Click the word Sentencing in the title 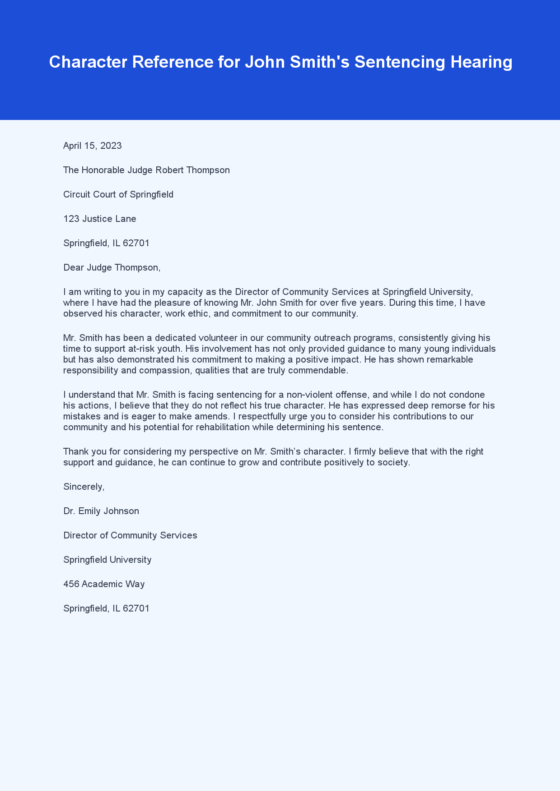pyautogui.click(x=400, y=62)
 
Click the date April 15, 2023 pyautogui.click(x=92, y=146)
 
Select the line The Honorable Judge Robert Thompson pyautogui.click(x=146, y=170)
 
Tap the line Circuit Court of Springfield pyautogui.click(x=118, y=194)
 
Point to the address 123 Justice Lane pyautogui.click(x=100, y=219)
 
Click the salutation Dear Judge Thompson pyautogui.click(x=112, y=267)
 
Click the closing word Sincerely pyautogui.click(x=84, y=487)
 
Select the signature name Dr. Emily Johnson pyautogui.click(x=101, y=511)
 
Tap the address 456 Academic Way pyautogui.click(x=104, y=584)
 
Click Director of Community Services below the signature pyautogui.click(x=130, y=535)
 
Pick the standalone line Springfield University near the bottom pyautogui.click(x=107, y=560)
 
